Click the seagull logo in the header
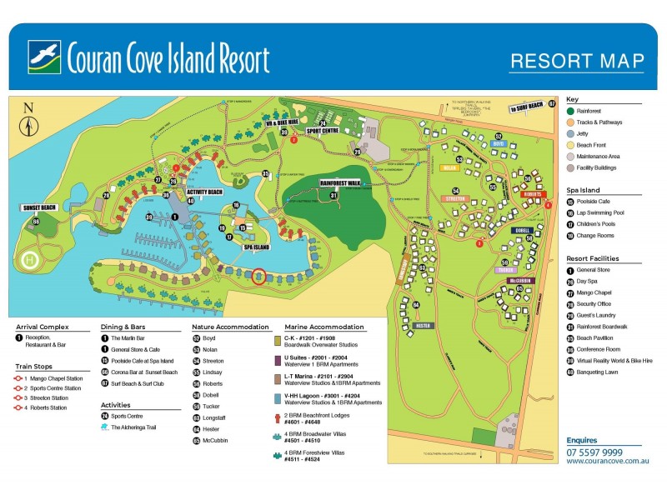click(44, 57)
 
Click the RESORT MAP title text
click(577, 62)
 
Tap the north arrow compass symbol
click(29, 122)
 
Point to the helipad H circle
click(30, 261)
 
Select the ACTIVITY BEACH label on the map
click(204, 192)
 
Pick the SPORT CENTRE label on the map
click(323, 131)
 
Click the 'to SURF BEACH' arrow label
click(527, 106)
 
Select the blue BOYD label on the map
click(499, 143)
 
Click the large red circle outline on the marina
click(258, 277)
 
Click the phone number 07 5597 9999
click(594, 452)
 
